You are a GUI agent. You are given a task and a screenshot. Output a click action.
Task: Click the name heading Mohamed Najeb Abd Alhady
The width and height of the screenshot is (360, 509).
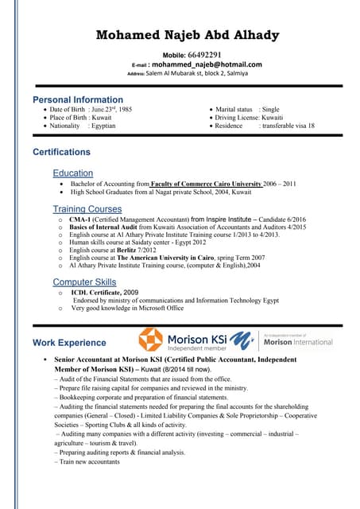pos(187,35)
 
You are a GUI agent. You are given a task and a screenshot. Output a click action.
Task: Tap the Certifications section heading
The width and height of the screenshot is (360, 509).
pos(61,152)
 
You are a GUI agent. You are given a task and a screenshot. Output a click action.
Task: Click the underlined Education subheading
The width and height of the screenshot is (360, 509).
pos(73,173)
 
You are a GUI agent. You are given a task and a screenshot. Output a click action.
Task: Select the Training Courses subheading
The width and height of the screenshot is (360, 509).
pos(87,209)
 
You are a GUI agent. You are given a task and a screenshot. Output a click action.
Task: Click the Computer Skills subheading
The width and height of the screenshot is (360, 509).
pos(84,282)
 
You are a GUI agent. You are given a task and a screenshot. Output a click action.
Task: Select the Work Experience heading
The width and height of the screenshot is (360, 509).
pos(69,343)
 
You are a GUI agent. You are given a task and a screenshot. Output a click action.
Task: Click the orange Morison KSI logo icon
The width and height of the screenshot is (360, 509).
pos(150,340)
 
